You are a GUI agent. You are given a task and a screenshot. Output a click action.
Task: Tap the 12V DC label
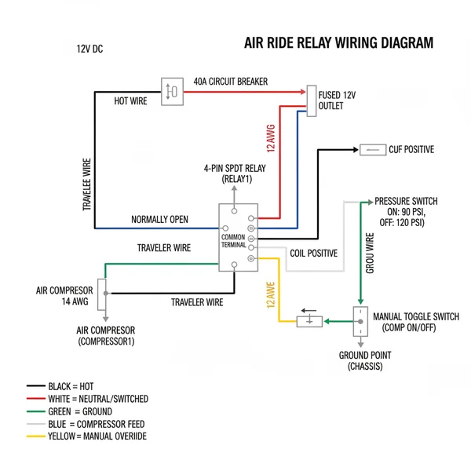(x=89, y=49)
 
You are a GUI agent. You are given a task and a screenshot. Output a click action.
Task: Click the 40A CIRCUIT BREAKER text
(x=230, y=81)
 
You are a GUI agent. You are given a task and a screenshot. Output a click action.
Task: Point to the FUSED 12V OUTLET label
(x=337, y=100)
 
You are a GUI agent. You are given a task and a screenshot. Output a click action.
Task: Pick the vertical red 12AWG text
(x=271, y=135)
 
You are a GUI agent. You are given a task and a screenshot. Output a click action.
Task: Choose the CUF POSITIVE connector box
(x=370, y=149)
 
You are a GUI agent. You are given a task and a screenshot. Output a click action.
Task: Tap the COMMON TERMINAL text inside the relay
(x=234, y=240)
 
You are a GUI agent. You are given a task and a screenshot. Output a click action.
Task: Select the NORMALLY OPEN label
(x=159, y=219)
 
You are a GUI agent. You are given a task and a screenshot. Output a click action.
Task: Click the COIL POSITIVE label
(x=313, y=253)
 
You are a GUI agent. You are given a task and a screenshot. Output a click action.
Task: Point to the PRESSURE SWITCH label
(x=406, y=212)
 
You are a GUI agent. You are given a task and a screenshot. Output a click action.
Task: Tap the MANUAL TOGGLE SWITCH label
(x=415, y=321)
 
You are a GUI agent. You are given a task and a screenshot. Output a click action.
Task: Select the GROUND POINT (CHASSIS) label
(x=365, y=361)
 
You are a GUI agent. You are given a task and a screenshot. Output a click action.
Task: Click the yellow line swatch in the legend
(x=36, y=436)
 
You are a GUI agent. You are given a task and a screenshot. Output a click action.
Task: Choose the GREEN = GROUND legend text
(x=80, y=411)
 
